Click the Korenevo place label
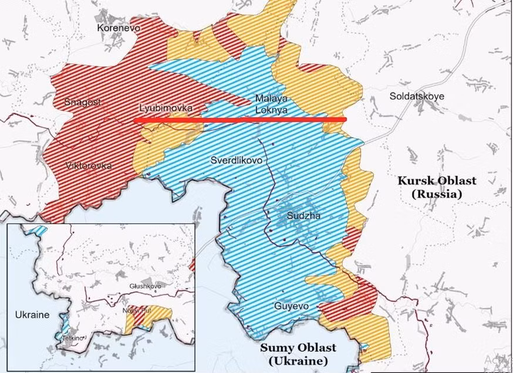point(119,27)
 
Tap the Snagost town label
point(82,102)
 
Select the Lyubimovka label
point(166,108)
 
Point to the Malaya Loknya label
point(271,103)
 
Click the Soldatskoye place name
point(417,96)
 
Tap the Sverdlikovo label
point(235,160)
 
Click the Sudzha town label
point(303,216)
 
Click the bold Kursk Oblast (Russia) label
point(436,187)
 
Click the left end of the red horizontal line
point(135,120)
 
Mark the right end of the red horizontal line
point(345,120)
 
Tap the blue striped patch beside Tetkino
point(63,324)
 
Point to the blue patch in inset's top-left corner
point(39,230)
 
